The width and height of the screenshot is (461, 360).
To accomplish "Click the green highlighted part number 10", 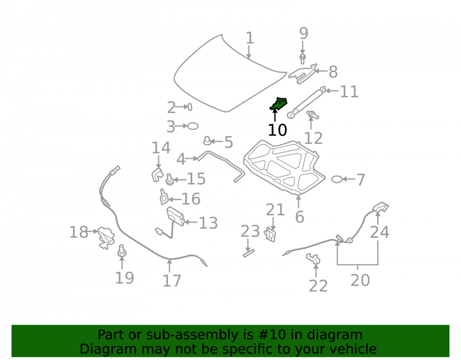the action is click(278, 104).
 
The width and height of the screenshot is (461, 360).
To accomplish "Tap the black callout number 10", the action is click(277, 130).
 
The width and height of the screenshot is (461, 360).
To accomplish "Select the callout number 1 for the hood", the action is click(249, 38).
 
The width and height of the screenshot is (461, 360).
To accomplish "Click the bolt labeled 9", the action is click(302, 59).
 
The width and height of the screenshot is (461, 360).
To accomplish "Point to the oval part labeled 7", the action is click(337, 179).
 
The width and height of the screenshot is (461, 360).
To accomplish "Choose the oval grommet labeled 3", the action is click(193, 126).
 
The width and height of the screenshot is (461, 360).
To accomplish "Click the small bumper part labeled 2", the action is click(190, 106).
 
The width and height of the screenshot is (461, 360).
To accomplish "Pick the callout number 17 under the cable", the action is click(171, 281).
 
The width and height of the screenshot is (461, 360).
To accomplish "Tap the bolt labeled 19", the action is click(122, 251).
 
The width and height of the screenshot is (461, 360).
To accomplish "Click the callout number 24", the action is click(379, 232).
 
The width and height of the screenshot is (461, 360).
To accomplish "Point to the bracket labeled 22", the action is click(313, 259).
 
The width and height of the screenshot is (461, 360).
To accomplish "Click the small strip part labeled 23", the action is click(249, 253).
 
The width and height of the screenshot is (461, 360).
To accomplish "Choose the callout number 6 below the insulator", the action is click(299, 217).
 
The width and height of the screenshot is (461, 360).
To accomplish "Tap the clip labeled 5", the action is click(207, 142).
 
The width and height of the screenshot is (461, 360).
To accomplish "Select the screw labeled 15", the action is click(169, 179).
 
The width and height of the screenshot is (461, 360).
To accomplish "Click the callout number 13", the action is click(208, 223).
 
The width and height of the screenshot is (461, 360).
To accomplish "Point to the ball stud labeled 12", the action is click(313, 115).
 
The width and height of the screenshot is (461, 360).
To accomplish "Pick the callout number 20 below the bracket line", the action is click(360, 280).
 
